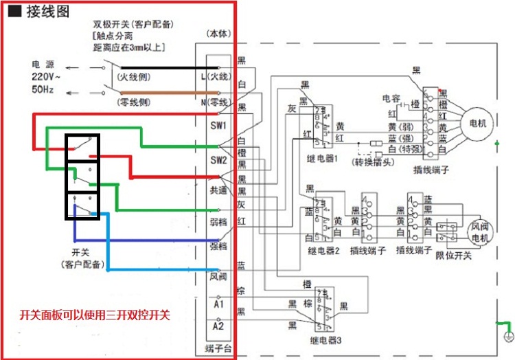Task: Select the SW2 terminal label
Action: coord(218,160)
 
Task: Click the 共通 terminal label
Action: coord(218,190)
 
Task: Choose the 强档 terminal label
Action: coord(218,245)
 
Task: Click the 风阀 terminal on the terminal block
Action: coord(218,276)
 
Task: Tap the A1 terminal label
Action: coord(218,303)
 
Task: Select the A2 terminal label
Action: coord(218,326)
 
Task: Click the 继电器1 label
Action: coord(325,159)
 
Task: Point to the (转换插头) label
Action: coord(374,162)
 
